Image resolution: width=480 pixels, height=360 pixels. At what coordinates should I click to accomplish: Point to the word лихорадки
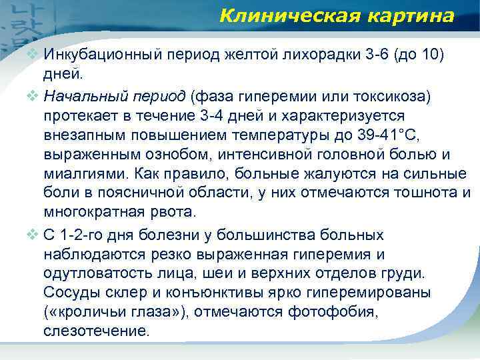coord(301,54)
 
